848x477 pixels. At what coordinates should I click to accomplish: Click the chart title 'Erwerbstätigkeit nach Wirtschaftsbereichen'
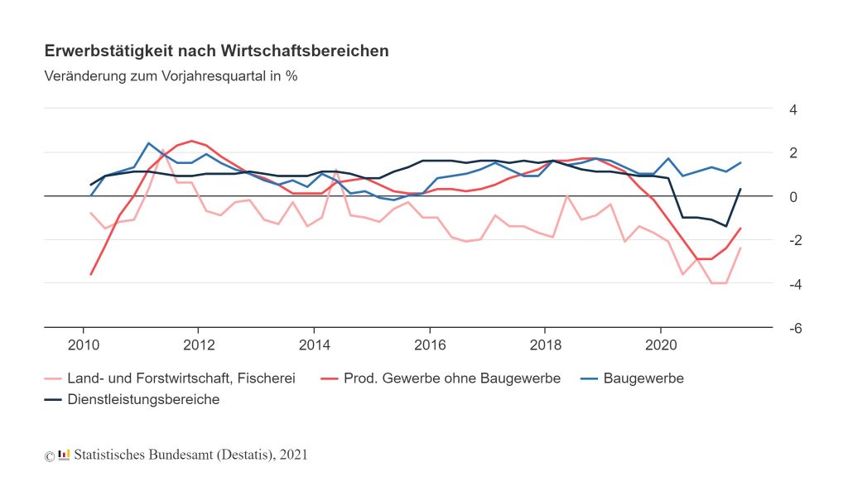(x=216, y=51)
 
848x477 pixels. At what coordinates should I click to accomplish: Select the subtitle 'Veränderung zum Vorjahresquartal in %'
(x=171, y=76)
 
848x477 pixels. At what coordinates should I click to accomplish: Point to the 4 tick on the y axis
(x=793, y=110)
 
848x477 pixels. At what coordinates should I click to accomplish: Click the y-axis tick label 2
(x=793, y=153)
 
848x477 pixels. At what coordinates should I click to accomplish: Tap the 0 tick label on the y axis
(x=793, y=197)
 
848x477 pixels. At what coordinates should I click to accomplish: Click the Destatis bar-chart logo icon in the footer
(x=65, y=454)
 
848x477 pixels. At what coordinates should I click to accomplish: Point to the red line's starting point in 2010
(x=91, y=274)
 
